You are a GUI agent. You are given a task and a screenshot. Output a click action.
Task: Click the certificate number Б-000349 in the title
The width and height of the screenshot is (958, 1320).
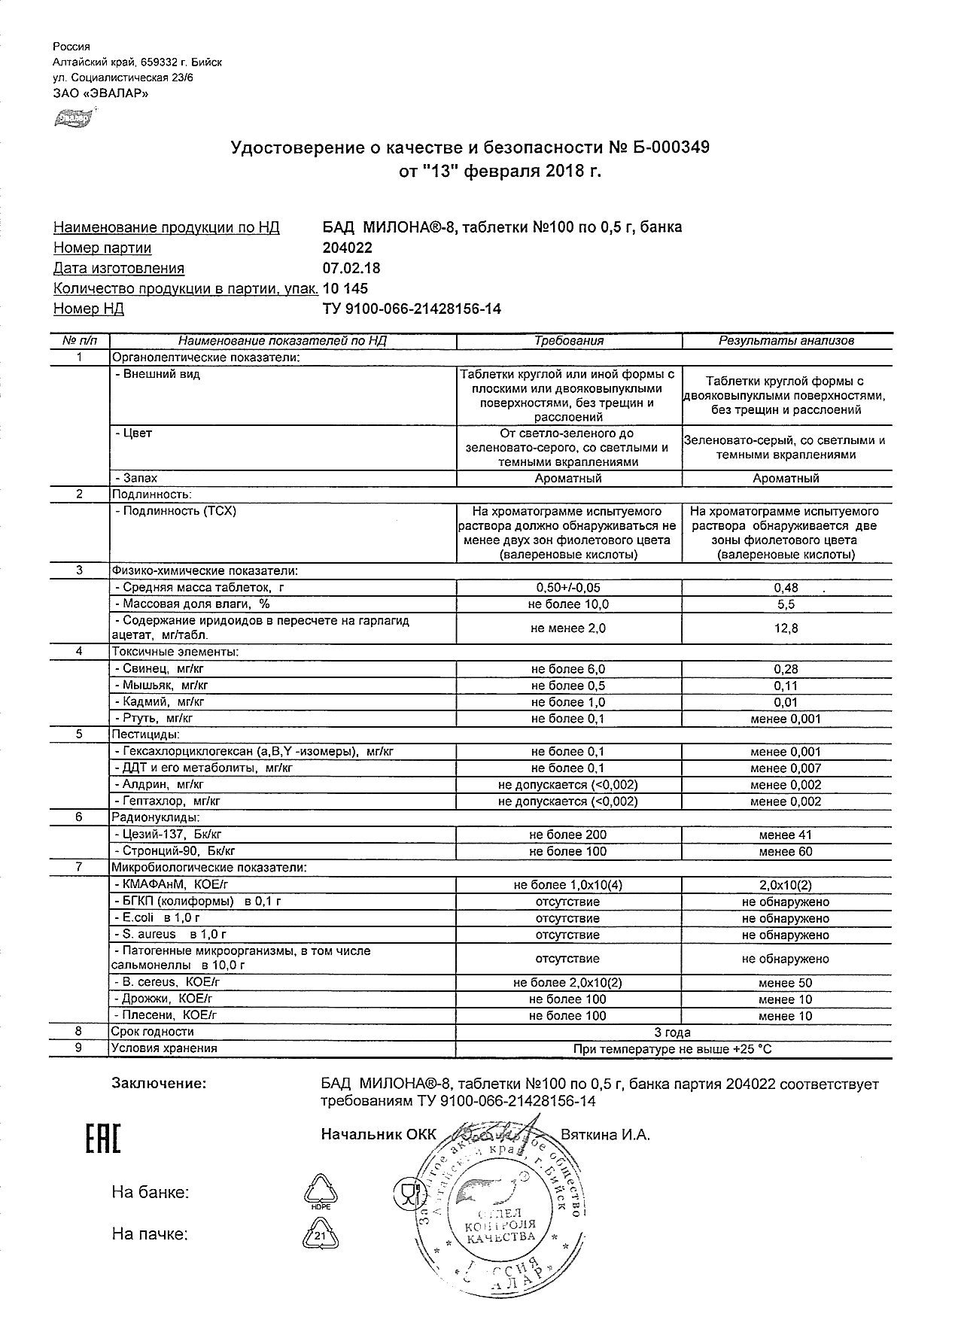click(666, 148)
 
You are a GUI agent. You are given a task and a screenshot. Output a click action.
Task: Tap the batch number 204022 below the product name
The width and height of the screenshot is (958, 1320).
click(347, 248)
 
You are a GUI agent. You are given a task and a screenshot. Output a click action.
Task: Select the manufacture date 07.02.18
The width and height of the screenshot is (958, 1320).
click(351, 268)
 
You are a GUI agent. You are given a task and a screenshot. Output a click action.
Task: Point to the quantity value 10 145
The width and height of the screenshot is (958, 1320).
click(345, 288)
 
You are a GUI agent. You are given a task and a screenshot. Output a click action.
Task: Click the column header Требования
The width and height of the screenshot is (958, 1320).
click(569, 341)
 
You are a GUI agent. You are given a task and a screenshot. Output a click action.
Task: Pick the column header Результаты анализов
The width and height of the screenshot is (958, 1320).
click(786, 341)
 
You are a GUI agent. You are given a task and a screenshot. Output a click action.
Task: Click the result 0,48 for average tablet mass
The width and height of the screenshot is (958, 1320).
click(786, 588)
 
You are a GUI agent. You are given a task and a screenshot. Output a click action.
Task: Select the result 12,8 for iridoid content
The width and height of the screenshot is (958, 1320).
click(786, 628)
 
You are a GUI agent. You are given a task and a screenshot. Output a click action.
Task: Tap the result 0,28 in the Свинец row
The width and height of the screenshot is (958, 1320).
click(786, 669)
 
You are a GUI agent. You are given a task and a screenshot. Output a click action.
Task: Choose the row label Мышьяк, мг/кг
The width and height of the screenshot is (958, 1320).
click(162, 686)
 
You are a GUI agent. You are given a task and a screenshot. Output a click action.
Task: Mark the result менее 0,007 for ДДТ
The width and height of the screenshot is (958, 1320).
click(786, 768)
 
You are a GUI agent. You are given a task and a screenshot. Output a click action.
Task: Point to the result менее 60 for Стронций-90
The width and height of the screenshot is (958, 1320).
click(786, 851)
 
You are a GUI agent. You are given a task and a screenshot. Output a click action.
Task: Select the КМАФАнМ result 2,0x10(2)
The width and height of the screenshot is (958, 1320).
click(786, 885)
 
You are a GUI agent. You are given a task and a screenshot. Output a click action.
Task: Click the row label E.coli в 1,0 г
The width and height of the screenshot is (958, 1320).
click(158, 918)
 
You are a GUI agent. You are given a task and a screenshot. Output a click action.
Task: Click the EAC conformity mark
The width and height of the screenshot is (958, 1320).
click(102, 1140)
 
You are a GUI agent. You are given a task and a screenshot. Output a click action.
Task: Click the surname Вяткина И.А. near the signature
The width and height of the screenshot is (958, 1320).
click(605, 1135)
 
